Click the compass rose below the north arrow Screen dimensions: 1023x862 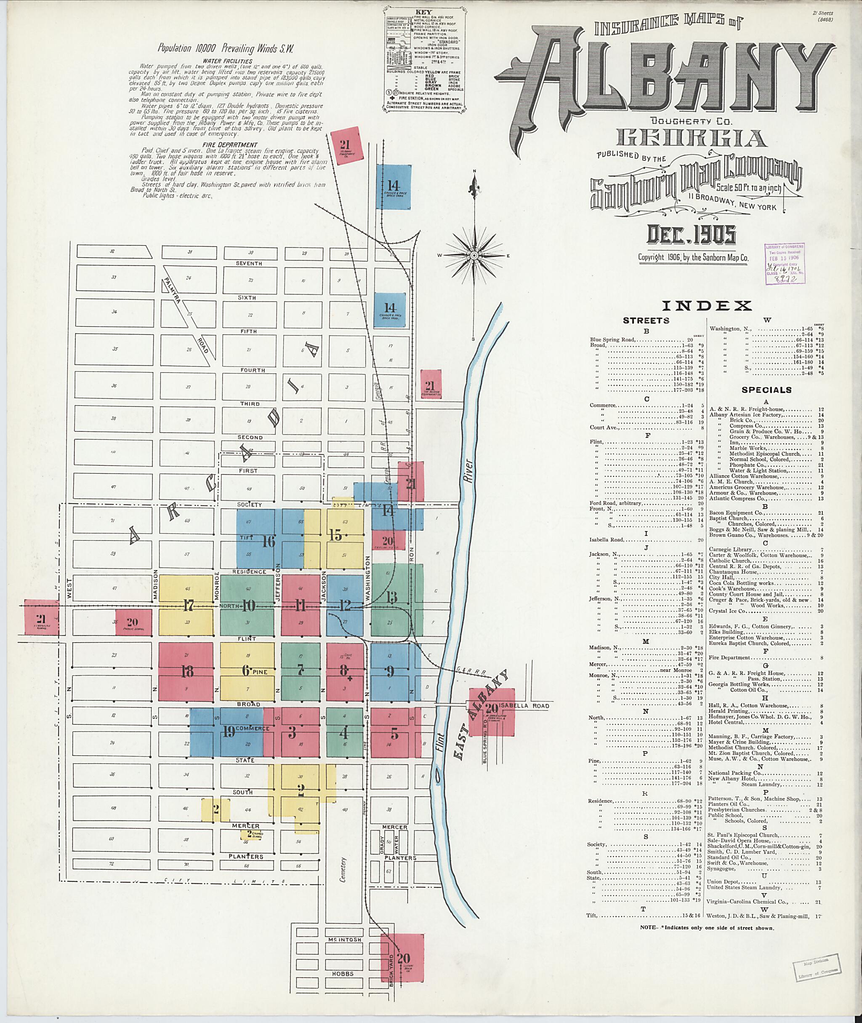pyautogui.click(x=474, y=255)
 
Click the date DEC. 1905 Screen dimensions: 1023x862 pyautogui.click(x=691, y=235)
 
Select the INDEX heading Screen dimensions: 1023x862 pyautogui.click(x=706, y=306)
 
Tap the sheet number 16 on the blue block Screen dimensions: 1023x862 pyautogui.click(x=268, y=542)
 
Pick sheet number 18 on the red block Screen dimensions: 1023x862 pyautogui.click(x=187, y=671)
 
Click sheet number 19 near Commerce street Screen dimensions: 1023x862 pyautogui.click(x=229, y=732)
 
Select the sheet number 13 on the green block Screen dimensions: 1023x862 pyautogui.click(x=391, y=597)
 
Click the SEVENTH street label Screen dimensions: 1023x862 pyautogui.click(x=249, y=264)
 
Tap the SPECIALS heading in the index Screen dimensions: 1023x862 pyautogui.click(x=766, y=390)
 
